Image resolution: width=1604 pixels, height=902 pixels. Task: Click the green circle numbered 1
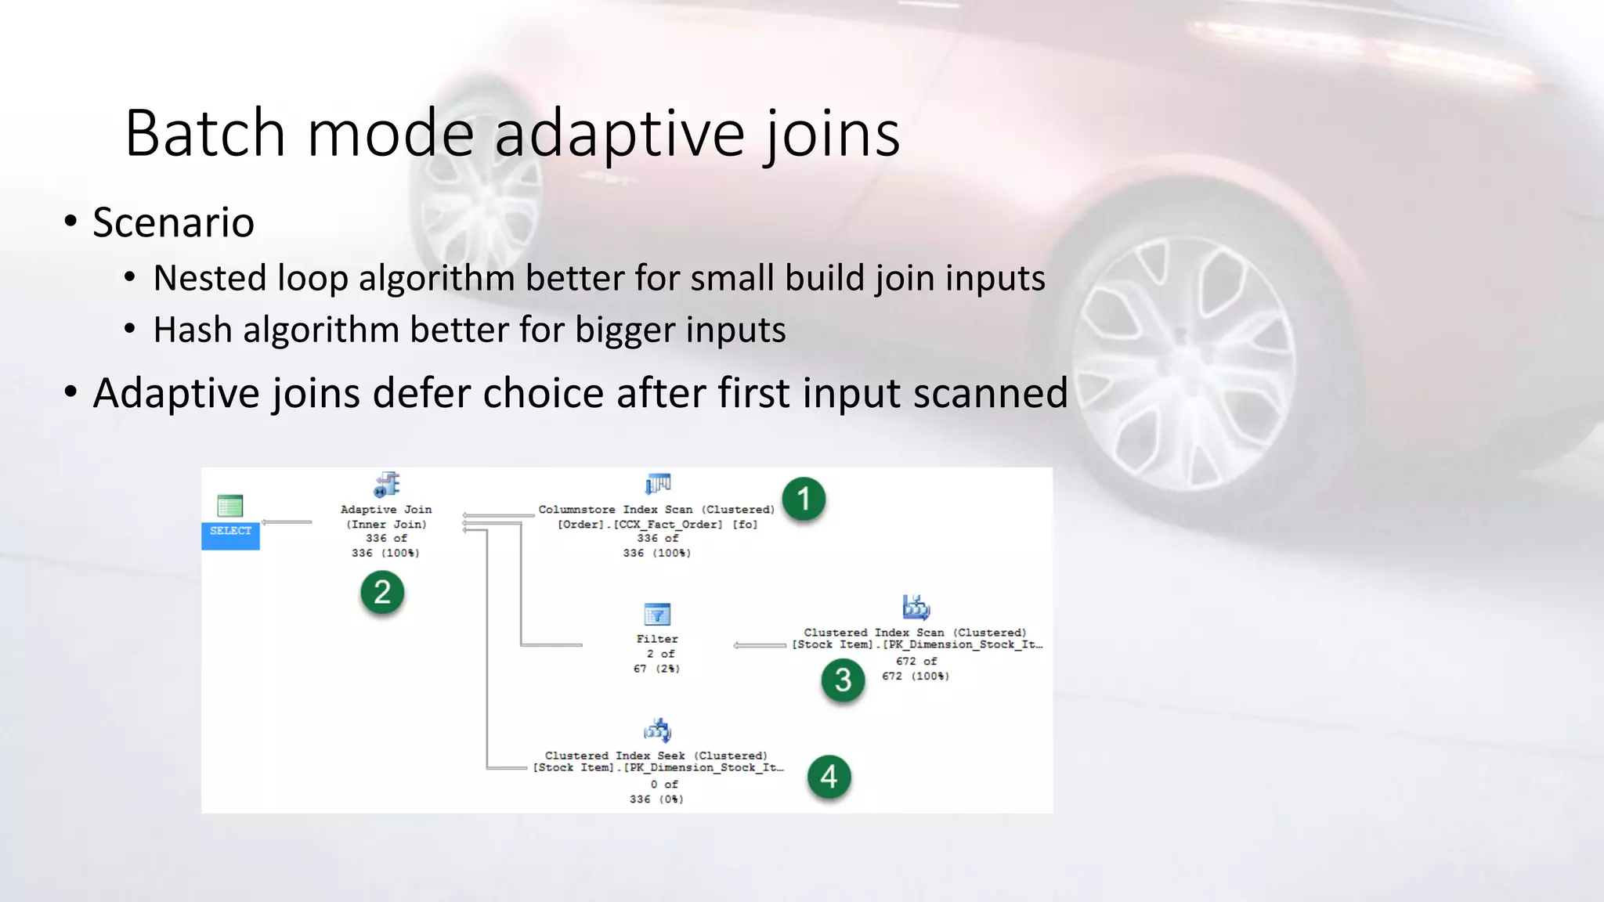coord(804,499)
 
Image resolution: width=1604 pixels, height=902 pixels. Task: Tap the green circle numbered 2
coord(382,592)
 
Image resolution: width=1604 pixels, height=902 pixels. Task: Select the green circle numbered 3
coord(843,680)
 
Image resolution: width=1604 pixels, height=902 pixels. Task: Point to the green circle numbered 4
coord(829,777)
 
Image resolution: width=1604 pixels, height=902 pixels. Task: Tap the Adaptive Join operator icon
coord(387,485)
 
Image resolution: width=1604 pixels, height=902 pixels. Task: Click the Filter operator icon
coord(657,615)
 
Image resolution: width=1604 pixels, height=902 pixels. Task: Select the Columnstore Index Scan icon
coord(658,484)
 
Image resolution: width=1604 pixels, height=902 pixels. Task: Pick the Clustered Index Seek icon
coord(658,731)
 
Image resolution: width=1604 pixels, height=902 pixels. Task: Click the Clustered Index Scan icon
coord(916,607)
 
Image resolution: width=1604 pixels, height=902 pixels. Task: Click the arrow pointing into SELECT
coord(286,522)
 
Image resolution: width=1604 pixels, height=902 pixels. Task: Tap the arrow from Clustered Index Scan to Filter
coord(759,646)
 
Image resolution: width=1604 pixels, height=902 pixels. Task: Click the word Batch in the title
coord(205,134)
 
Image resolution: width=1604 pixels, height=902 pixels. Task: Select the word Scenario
coord(173,222)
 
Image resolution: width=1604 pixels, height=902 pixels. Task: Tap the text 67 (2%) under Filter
coord(656,669)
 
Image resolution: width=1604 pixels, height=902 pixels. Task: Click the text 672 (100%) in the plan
coord(916,676)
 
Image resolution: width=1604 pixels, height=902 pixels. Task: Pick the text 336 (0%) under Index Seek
coord(656,799)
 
